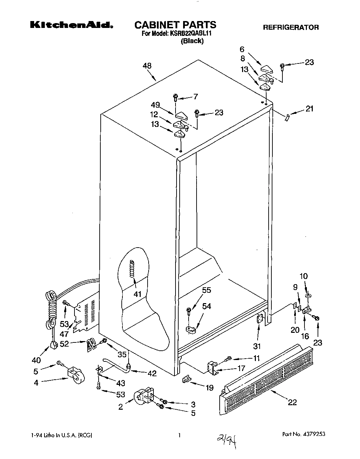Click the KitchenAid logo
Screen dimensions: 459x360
point(72,25)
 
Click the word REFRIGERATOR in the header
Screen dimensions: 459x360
point(291,27)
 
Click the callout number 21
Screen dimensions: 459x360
point(309,109)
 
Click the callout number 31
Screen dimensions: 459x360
point(257,346)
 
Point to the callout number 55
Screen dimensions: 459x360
point(207,290)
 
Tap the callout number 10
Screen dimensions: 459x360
point(304,276)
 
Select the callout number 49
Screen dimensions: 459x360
point(156,105)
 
